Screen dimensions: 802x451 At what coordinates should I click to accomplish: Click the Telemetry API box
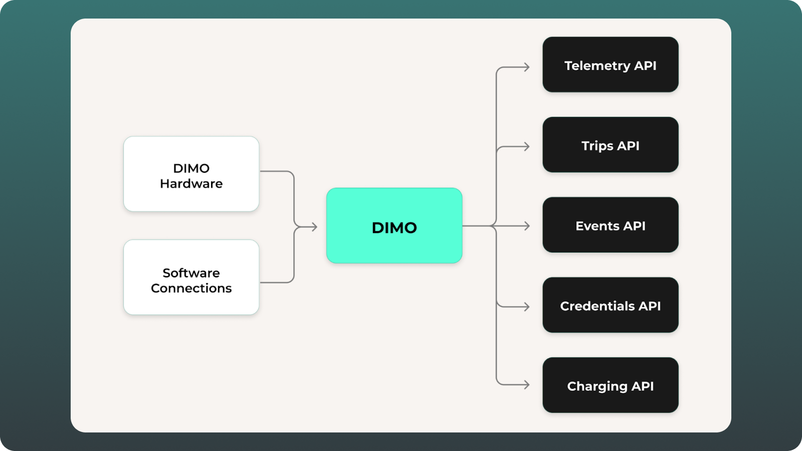coord(611,65)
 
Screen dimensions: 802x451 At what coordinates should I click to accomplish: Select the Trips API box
coord(611,145)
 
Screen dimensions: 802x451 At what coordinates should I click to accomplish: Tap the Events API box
coord(611,225)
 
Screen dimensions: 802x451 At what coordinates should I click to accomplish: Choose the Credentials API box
coord(611,305)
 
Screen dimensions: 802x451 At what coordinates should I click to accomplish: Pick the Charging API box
coord(611,385)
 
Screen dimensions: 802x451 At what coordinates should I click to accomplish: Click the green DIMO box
coord(394,225)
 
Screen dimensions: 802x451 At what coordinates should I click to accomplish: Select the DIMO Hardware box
coord(191,174)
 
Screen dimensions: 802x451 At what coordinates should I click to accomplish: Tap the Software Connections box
coord(191,278)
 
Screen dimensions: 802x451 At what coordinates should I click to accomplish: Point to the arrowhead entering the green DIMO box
coord(314,227)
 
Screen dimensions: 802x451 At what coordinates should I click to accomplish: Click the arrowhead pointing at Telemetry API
coord(527,67)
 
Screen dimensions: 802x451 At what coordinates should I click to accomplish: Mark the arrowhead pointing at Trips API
coord(527,146)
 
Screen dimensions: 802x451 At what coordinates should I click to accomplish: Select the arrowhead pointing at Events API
coord(527,226)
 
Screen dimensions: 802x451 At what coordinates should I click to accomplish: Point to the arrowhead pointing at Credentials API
coord(527,307)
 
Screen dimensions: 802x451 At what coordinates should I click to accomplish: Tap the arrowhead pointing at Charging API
coord(527,385)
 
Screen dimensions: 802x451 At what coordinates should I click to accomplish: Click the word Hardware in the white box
coord(191,183)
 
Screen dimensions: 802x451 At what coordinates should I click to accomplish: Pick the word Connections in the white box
coord(191,288)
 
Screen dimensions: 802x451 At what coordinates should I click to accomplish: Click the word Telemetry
coord(597,66)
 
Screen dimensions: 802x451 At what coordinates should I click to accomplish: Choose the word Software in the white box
coord(191,273)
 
